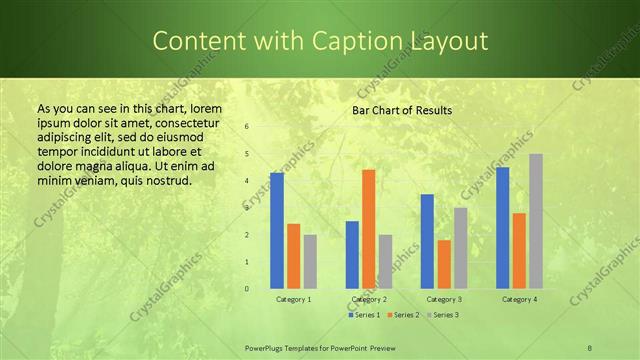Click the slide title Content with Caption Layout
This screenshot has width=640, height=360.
pos(320,41)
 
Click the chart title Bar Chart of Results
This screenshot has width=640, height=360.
pos(402,110)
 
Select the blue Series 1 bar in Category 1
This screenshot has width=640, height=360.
pos(277,231)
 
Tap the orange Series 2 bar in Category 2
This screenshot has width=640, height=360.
pos(368,229)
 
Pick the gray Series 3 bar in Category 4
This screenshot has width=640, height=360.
pos(536,221)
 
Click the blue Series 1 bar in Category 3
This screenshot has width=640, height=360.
pos(427,241)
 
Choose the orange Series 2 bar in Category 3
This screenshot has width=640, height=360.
pos(444,264)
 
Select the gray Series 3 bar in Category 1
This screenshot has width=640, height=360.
pos(310,262)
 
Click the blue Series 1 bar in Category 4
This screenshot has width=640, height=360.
pos(502,228)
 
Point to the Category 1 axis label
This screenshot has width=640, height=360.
pos(293,299)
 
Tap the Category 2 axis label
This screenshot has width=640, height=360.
pos(369,299)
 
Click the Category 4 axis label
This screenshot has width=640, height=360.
pos(519,299)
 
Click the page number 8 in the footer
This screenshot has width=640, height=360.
pos(590,347)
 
